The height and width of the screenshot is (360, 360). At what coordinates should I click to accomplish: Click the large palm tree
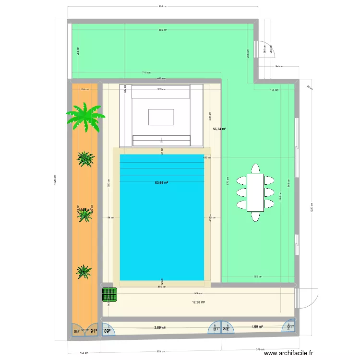[85, 116]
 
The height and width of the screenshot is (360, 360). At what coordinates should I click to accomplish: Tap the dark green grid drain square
[110, 294]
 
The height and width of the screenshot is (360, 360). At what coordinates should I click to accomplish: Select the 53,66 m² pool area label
[161, 182]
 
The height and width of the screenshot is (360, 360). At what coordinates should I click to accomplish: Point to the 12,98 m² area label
[199, 302]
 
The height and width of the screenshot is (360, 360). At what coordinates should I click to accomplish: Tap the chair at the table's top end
[255, 169]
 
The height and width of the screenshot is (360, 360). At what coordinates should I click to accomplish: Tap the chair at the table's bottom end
[255, 216]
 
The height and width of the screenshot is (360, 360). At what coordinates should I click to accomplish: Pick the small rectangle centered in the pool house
[161, 117]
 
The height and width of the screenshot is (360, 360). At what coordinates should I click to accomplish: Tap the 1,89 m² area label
[257, 327]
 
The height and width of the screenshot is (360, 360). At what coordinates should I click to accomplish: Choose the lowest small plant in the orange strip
[84, 272]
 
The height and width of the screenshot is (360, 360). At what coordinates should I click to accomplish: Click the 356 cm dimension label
[258, 277]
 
